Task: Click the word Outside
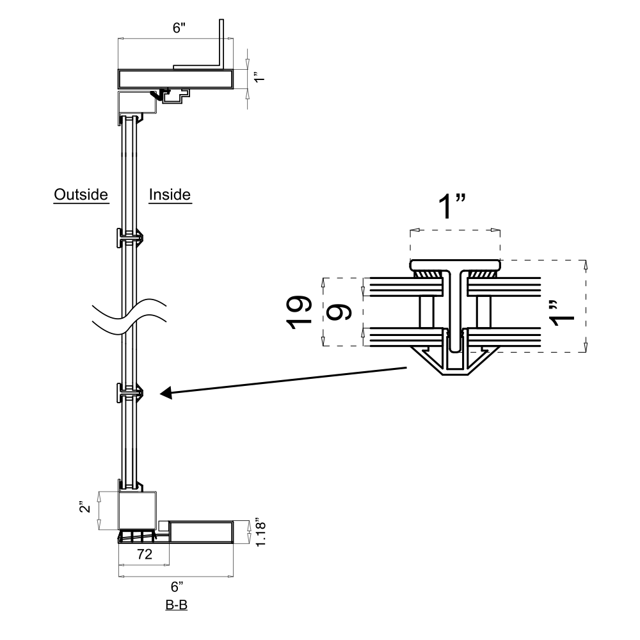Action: coord(81,194)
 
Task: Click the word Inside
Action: coord(170,194)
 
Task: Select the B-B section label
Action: coord(176,605)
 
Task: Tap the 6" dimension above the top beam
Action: coord(175,29)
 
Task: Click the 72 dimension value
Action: coord(145,555)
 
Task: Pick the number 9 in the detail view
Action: coord(339,312)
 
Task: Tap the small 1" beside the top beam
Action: coord(259,79)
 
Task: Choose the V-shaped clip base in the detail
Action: coord(455,364)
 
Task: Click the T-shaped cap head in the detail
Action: coord(454,264)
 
